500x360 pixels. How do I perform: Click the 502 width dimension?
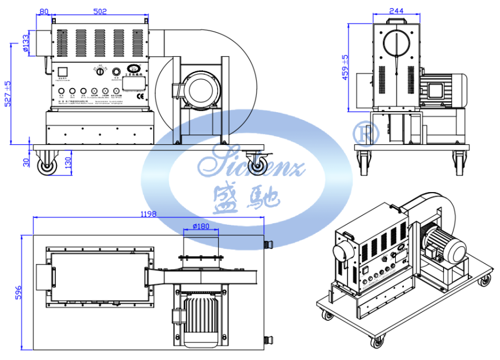click(x=101, y=11)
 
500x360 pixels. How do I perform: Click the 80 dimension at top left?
click(x=44, y=11)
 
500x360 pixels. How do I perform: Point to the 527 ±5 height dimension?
click(x=7, y=93)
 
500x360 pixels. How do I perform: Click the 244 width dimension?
click(x=395, y=10)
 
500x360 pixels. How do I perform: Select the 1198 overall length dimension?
click(x=147, y=214)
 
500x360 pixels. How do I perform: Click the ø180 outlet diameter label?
click(x=201, y=226)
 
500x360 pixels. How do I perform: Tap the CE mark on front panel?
click(x=140, y=97)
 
